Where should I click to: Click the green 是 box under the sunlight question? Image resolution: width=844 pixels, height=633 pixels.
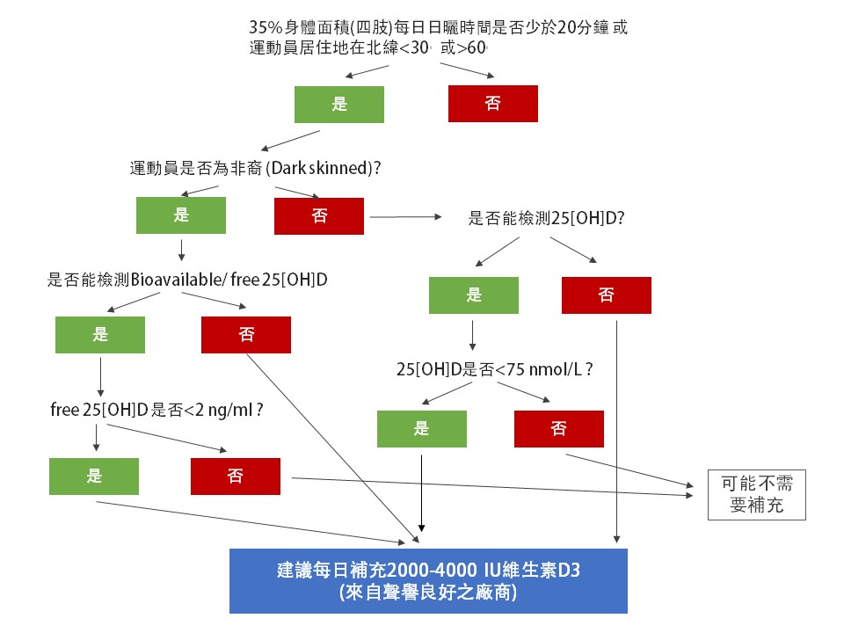339,104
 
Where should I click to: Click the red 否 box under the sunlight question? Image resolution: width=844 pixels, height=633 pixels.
492,103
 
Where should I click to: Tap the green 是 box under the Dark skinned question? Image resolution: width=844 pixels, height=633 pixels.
181,215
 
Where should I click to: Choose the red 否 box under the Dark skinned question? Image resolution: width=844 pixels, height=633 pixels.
318,215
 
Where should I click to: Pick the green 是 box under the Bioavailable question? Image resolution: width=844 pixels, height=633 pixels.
99,334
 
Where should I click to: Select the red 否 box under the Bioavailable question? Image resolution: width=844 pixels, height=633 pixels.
245,334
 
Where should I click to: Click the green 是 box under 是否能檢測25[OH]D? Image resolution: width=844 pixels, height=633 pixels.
474,295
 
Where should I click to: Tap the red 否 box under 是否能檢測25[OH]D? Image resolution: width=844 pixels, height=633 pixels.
606,295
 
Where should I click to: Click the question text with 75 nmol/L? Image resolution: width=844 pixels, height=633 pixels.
494,369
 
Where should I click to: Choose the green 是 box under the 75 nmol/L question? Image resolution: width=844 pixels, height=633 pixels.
421,429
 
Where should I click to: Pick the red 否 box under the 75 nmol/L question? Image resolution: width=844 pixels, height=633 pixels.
558,429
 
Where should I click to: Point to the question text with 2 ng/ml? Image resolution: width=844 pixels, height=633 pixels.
157,410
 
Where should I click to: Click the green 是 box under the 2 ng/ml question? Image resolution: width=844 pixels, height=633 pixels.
94,476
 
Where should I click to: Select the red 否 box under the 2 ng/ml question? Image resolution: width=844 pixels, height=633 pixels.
235,476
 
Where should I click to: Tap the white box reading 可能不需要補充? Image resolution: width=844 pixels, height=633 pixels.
756,495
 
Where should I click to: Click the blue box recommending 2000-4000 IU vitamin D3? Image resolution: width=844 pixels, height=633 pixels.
428,581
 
